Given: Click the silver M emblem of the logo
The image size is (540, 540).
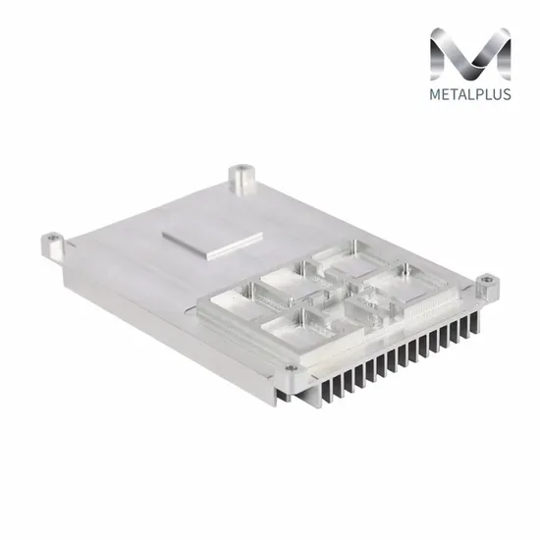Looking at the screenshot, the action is (x=470, y=54).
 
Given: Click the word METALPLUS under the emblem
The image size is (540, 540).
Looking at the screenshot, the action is (x=470, y=94).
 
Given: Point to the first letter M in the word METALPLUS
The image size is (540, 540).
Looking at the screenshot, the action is (x=436, y=94).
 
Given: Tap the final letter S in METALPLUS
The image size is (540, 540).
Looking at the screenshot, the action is (x=507, y=94).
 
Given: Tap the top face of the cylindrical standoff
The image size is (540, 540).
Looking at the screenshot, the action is (x=242, y=170).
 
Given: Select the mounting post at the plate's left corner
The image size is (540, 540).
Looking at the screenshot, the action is (x=52, y=246).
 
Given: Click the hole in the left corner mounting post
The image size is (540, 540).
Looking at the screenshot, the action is (x=52, y=238).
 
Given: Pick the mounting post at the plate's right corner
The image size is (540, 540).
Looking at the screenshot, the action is (x=488, y=289).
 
